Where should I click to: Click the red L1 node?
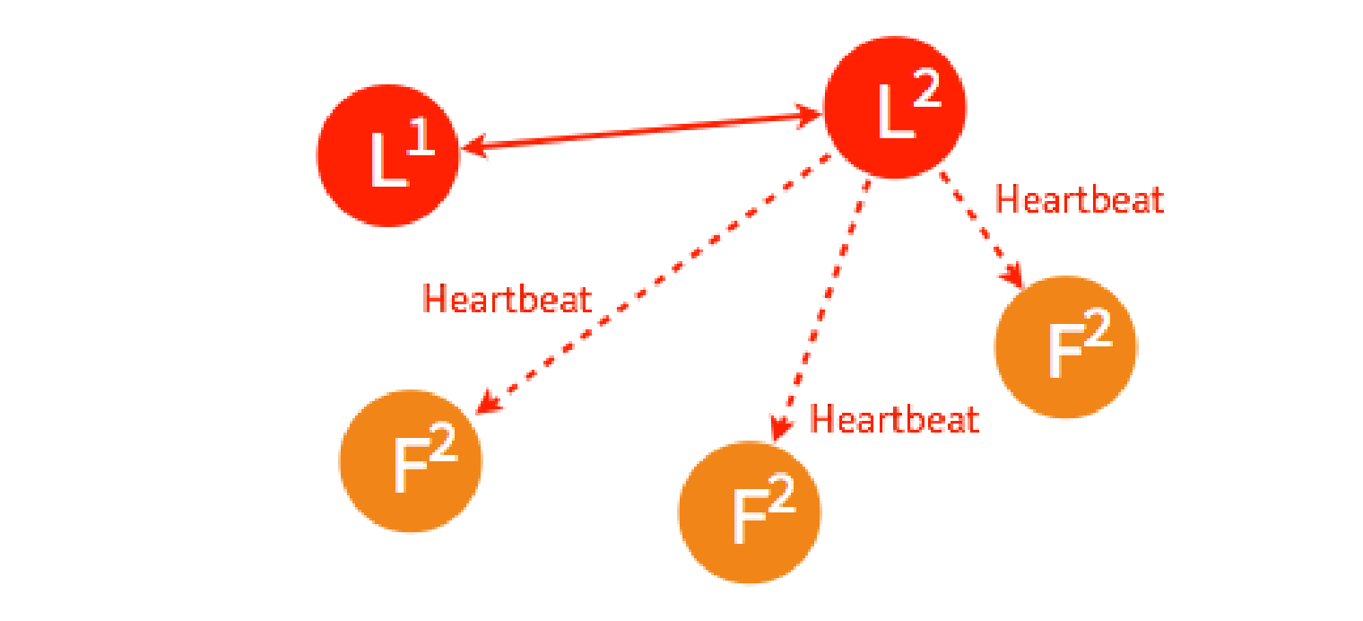pos(388,155)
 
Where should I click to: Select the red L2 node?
pos(894,107)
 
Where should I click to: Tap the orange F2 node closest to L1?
pos(411,461)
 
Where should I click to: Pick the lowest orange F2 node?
pos(749,512)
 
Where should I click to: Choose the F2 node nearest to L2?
pos(1065,346)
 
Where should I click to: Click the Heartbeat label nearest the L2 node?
pos(1080,200)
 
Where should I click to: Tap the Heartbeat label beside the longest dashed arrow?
pos(507,299)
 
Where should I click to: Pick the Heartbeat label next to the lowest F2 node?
pos(894,419)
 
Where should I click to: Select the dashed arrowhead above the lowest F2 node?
pos(780,431)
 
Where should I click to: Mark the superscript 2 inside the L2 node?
pos(927,89)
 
